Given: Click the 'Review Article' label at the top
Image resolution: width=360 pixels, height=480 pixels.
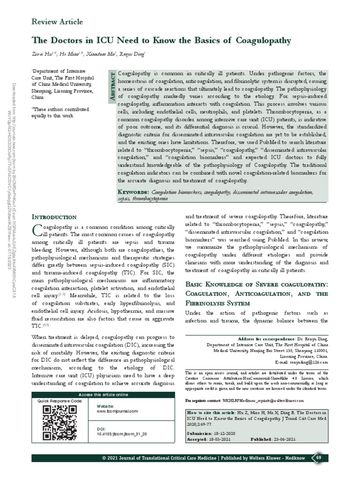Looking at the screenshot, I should point(57,22).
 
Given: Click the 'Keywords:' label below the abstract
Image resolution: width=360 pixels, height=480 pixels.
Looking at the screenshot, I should point(134,192).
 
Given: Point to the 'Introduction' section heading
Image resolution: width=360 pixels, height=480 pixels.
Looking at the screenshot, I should point(54,217).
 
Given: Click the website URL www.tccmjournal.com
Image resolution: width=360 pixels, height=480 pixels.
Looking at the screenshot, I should point(117,411).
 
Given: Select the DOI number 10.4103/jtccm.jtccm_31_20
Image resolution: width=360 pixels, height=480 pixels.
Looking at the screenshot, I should point(122,435).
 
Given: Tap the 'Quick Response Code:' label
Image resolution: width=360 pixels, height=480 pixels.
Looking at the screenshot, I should point(60,401).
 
